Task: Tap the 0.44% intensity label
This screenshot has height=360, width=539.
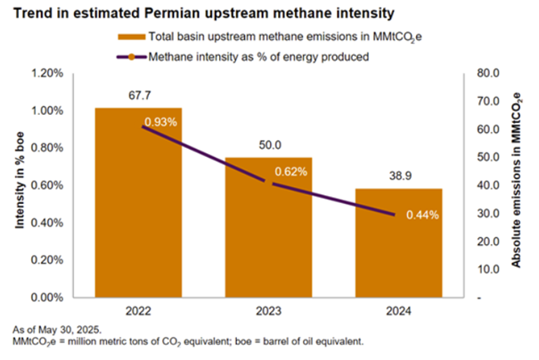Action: [421, 215]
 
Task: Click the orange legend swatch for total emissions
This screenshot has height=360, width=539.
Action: [130, 37]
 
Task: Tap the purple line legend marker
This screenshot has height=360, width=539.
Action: [130, 56]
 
